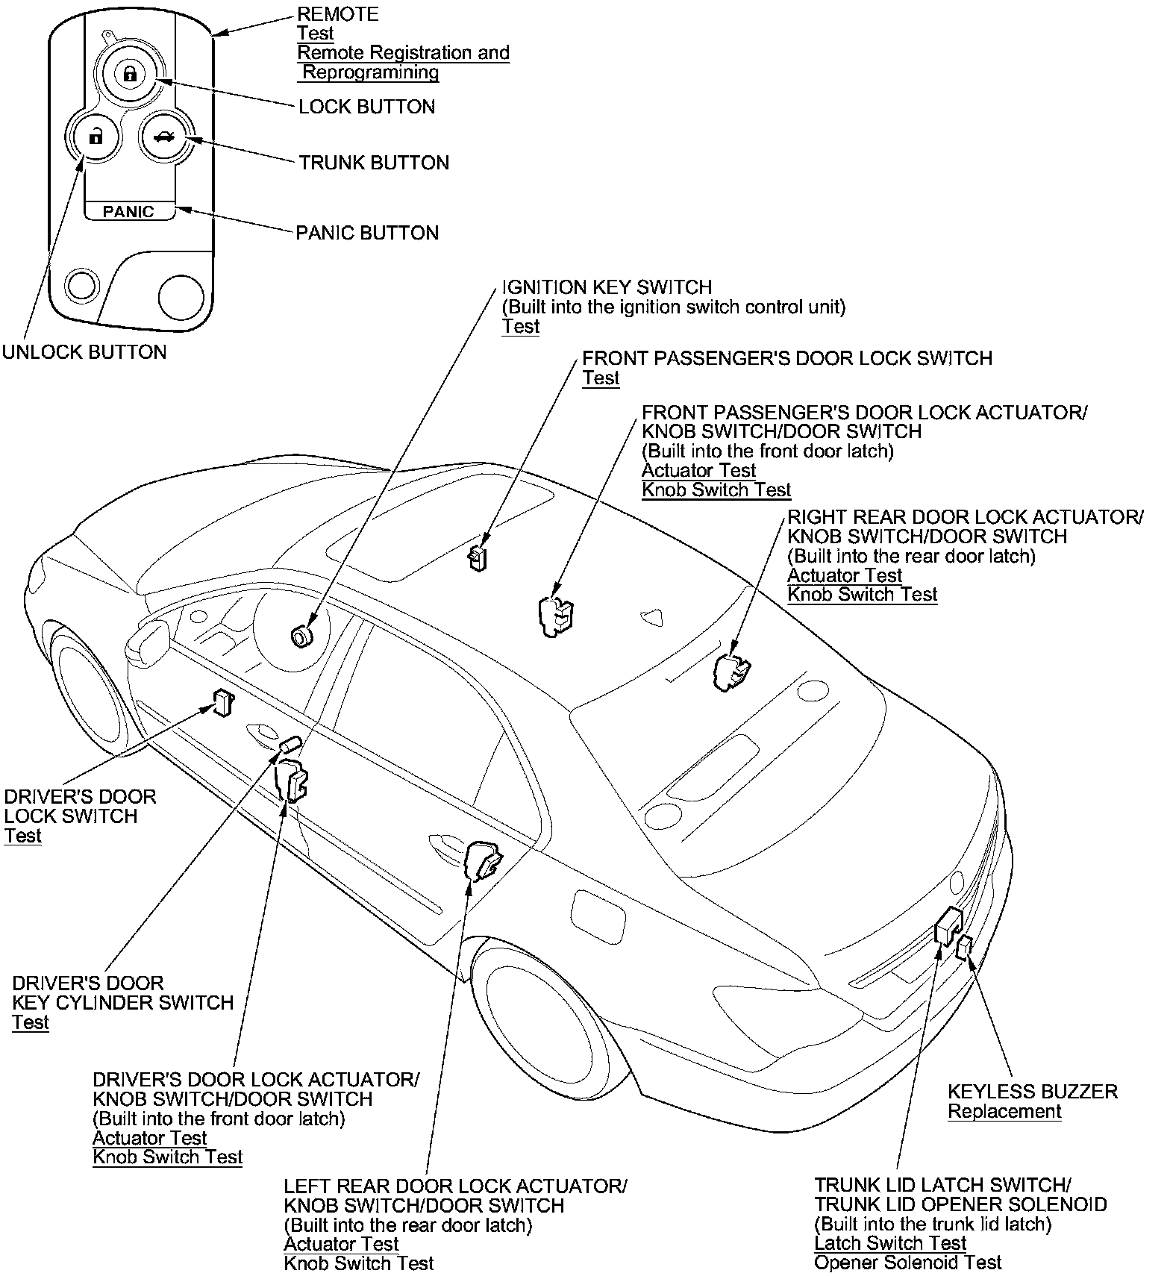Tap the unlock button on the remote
(95, 137)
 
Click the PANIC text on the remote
(128, 212)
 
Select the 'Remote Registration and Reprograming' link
(403, 63)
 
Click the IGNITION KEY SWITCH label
(607, 287)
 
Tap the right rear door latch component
(731, 671)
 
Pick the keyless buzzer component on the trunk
(964, 948)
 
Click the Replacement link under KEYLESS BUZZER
(1004, 1112)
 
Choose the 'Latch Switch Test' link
(890, 1243)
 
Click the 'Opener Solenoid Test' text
(907, 1263)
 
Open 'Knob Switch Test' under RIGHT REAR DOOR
(863, 595)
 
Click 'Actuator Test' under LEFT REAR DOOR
(341, 1244)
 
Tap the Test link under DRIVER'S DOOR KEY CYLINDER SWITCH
(30, 1022)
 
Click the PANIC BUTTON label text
(367, 233)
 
